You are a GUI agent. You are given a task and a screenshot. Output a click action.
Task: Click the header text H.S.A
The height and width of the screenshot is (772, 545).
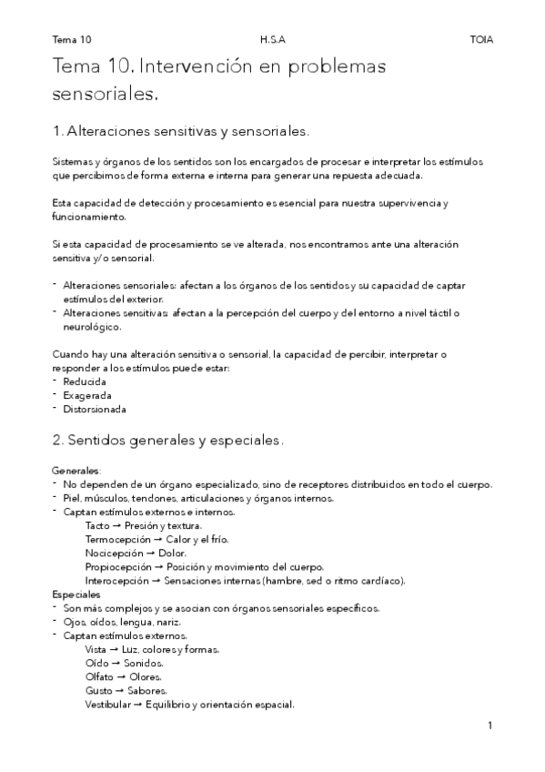271,40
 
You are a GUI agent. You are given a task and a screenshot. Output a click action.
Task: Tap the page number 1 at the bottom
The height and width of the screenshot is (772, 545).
489,726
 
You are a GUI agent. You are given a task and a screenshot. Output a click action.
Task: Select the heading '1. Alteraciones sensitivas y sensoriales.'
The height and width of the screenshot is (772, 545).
182,131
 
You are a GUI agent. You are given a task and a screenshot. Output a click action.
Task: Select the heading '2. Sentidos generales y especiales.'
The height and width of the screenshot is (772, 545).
168,440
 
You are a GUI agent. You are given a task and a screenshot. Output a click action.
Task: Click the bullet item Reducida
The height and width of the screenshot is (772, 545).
85,381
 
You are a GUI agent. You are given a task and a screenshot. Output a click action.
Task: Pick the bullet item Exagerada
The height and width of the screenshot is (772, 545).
87,395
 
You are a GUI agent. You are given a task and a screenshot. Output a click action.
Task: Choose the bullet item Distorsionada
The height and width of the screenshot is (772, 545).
95,409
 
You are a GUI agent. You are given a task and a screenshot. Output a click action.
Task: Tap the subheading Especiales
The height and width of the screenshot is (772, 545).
76,594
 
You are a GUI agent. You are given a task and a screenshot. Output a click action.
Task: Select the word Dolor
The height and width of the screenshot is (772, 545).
173,553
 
